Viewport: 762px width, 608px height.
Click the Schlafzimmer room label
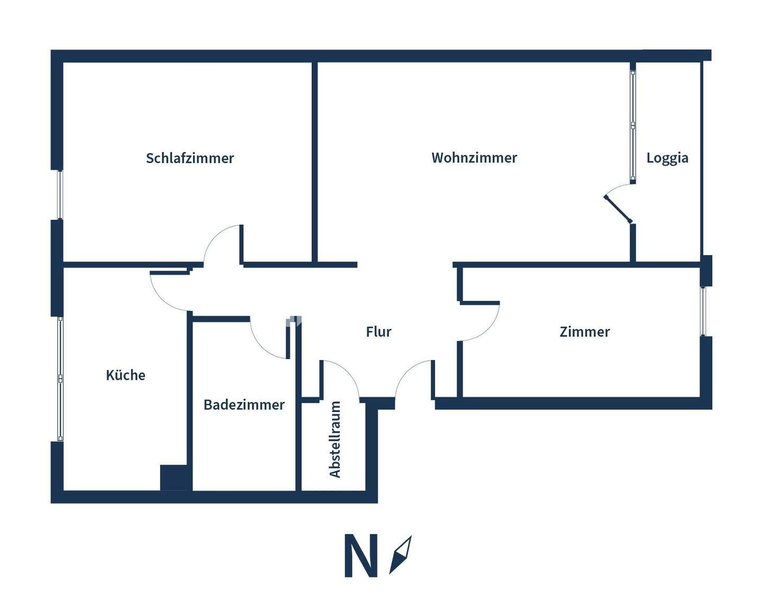189,158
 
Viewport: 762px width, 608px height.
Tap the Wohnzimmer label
474,157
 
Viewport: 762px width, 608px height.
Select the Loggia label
667,158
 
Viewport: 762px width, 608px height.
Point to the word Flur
378,332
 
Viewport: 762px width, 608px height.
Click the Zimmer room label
585,332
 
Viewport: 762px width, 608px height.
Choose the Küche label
125,375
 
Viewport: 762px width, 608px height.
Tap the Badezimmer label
244,405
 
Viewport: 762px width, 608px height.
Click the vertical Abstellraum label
335,440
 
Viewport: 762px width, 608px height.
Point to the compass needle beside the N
401,555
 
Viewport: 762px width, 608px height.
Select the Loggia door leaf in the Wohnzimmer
618,209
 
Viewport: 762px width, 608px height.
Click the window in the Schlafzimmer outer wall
60,194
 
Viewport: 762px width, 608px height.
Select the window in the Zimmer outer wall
703,311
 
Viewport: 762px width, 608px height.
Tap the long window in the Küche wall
60,379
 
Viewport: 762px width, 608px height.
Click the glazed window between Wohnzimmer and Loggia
633,125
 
